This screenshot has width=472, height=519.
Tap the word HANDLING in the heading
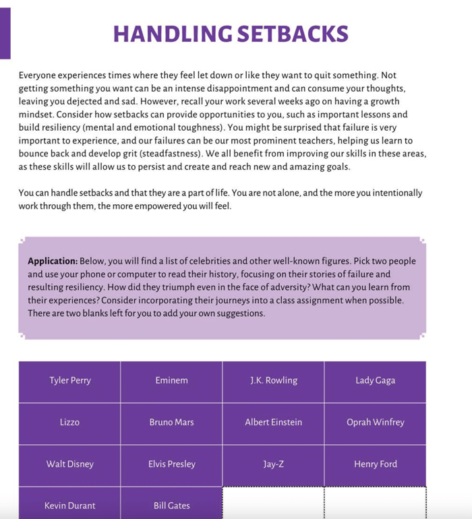coord(169,34)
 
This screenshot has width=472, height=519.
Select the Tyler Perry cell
coord(70,381)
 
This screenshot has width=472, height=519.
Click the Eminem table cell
coord(171,381)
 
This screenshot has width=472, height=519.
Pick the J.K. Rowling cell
coord(273,381)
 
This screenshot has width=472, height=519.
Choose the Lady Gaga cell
coord(375,381)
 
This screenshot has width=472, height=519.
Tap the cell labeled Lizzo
coord(70,423)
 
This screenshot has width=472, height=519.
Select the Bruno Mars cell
coord(171,423)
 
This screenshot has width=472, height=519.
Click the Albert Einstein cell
coord(273,423)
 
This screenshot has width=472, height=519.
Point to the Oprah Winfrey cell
coord(375,423)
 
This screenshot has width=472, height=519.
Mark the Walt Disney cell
coord(70,464)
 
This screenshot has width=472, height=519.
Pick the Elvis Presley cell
coord(171,464)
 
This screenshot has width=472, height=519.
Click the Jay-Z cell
coord(273,464)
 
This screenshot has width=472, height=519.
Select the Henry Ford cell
coord(375,464)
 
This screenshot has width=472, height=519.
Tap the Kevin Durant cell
coord(70,506)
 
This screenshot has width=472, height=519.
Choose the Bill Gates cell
coord(171,506)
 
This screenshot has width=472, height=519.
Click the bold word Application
coord(53,262)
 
